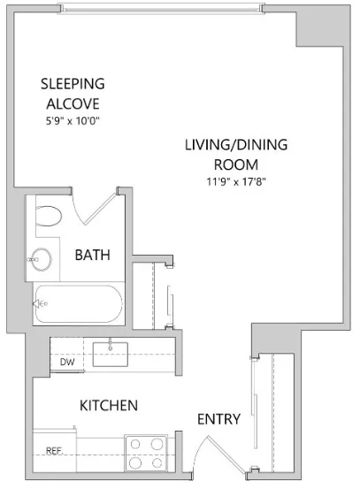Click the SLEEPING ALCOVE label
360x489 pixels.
click(x=73, y=93)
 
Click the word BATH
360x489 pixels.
click(x=92, y=256)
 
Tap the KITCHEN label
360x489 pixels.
click(x=109, y=406)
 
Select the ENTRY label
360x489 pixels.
click(x=218, y=418)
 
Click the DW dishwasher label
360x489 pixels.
click(x=66, y=362)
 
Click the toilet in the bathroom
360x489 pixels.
click(x=50, y=216)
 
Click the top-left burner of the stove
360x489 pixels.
click(x=135, y=444)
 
